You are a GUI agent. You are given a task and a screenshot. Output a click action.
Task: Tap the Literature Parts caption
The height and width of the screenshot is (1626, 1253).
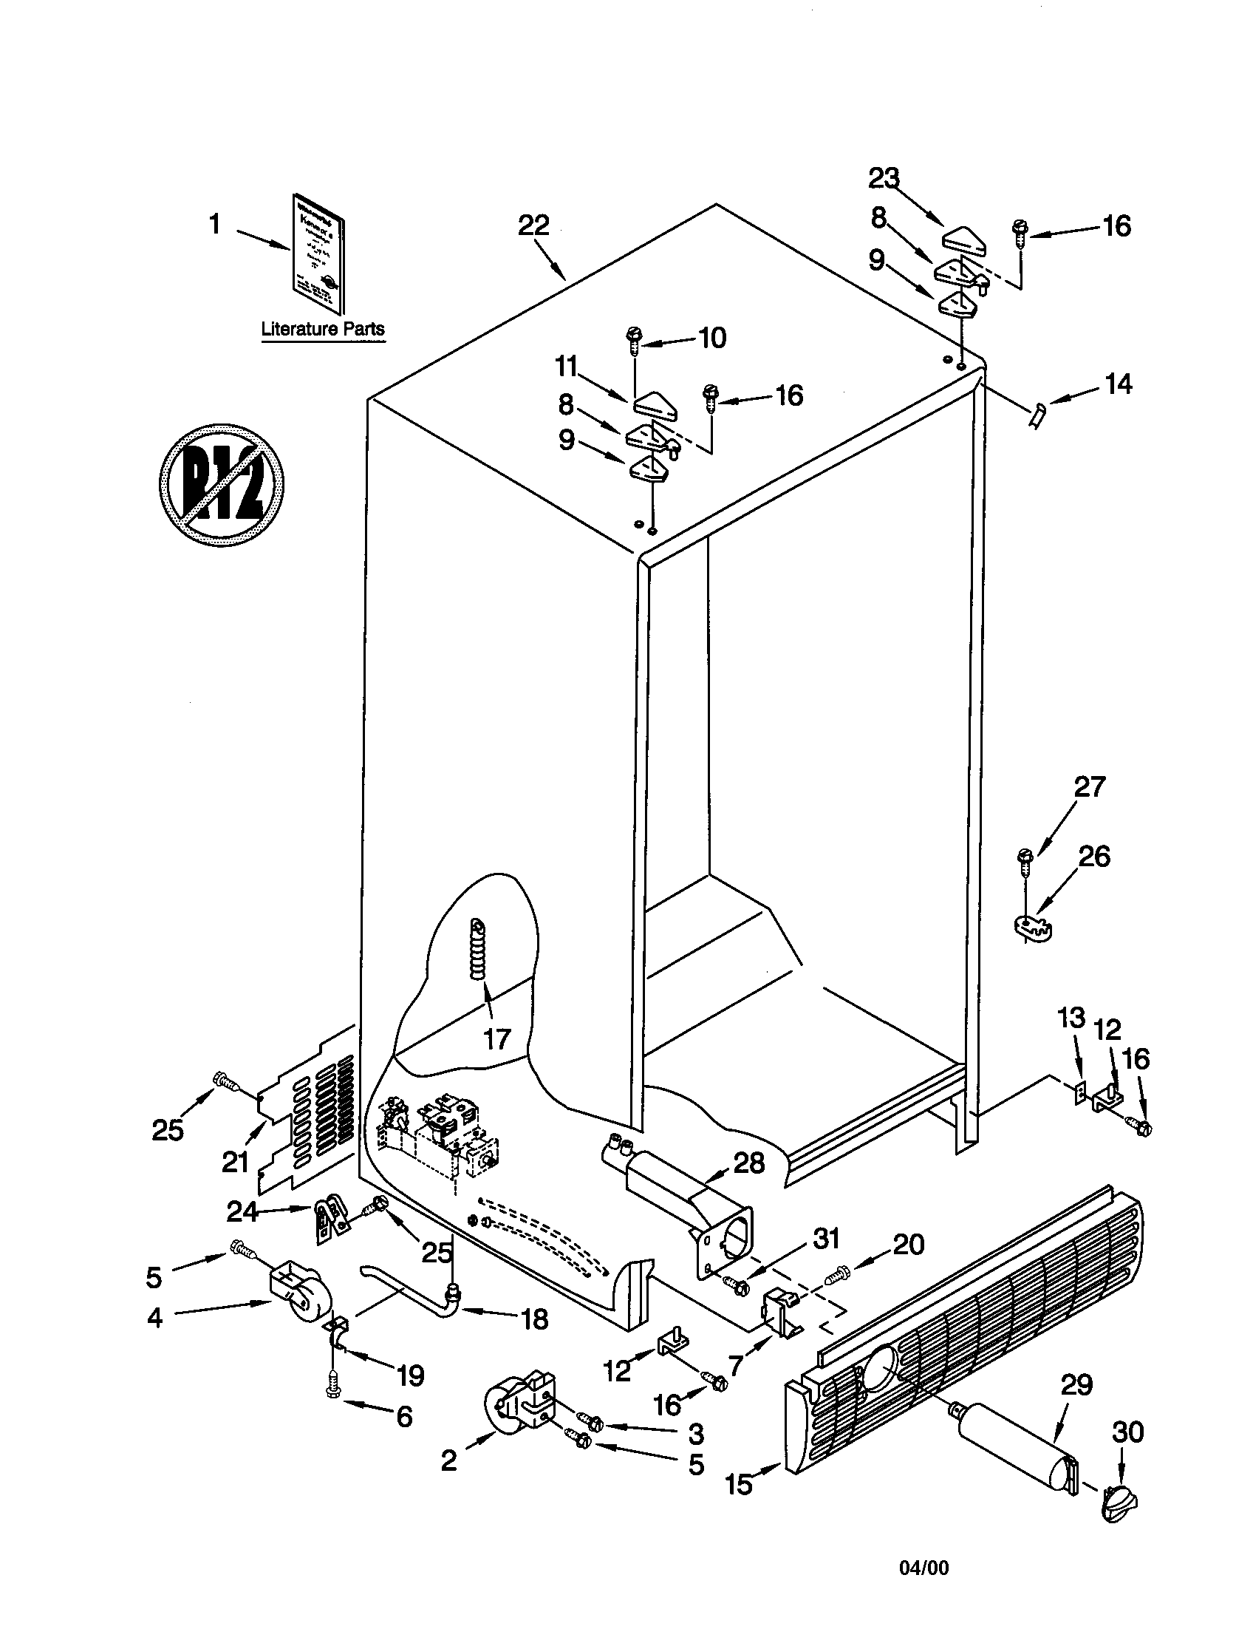coord(323,328)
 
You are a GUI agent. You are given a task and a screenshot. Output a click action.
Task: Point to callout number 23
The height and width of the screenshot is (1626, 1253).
coord(883,179)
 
